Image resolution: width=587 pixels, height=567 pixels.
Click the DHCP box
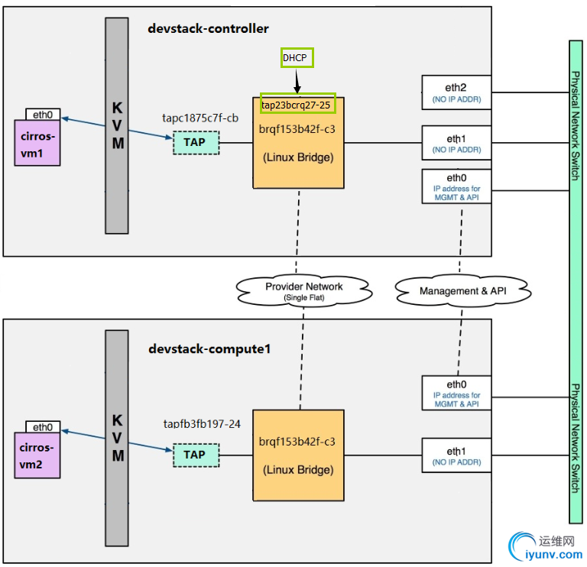[297, 58]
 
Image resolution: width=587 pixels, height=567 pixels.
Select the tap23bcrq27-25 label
[297, 104]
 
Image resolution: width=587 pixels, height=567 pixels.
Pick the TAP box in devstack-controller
[195, 142]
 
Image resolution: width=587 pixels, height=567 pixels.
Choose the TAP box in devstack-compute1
[195, 455]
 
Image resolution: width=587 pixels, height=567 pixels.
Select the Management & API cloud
[463, 291]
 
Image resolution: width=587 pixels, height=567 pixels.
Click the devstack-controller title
[208, 29]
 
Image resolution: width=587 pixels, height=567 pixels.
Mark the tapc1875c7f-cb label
[200, 118]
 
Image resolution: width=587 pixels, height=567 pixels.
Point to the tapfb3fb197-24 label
[203, 423]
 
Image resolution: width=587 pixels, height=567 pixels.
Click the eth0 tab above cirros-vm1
[43, 115]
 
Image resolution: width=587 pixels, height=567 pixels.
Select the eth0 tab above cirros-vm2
[43, 426]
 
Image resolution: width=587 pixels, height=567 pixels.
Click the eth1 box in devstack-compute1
[456, 455]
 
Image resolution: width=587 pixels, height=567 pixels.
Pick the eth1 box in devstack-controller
[456, 142]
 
